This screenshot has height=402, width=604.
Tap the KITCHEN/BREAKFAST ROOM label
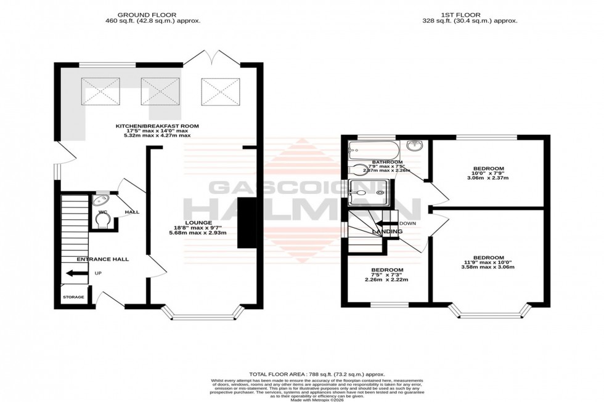click(158, 126)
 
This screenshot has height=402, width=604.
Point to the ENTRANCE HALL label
click(103, 259)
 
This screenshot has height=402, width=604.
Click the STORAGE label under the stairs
click(74, 297)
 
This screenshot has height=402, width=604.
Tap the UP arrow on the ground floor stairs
click(76, 273)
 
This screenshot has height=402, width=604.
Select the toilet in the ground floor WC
click(103, 220)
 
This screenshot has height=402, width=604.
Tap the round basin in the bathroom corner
click(415, 146)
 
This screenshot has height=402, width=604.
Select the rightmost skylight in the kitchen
click(220, 91)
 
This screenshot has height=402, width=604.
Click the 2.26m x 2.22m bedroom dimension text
click(387, 279)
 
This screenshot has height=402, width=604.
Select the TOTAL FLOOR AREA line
click(317, 374)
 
